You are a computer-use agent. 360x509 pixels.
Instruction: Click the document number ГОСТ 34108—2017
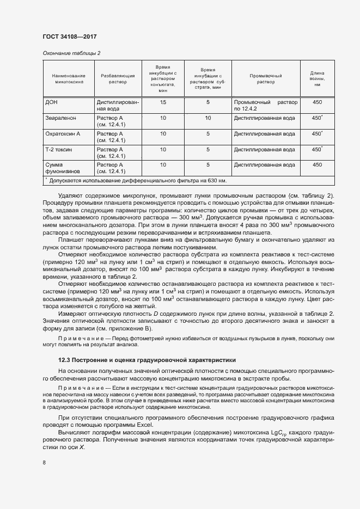(x=70, y=36)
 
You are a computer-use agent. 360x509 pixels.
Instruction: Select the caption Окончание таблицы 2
(x=71, y=53)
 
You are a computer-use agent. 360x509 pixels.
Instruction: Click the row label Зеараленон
(x=60, y=118)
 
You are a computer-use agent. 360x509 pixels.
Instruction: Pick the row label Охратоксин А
(x=63, y=133)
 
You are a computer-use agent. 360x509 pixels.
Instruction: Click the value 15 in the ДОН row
(x=163, y=102)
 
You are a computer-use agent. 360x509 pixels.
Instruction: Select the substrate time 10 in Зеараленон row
(x=208, y=118)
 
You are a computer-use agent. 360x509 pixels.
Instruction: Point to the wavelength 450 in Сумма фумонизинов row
(x=317, y=164)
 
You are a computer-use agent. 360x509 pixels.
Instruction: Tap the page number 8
(x=44, y=463)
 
